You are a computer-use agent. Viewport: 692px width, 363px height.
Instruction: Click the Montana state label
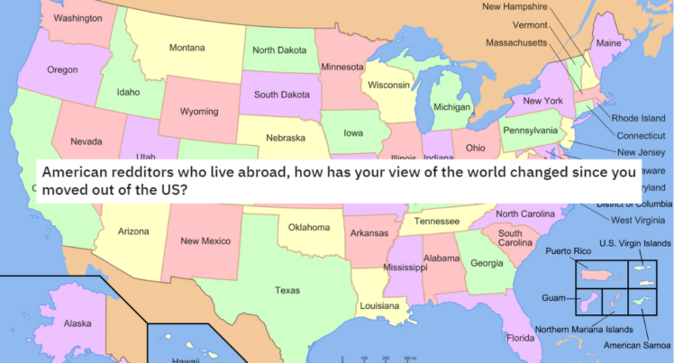click(x=187, y=48)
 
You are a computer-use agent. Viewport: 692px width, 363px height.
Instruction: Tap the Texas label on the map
click(x=287, y=290)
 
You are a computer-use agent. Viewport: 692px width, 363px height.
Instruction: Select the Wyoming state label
click(x=199, y=112)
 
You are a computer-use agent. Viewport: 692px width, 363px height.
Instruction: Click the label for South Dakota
click(x=282, y=94)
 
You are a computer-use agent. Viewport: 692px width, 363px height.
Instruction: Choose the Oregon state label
click(x=62, y=69)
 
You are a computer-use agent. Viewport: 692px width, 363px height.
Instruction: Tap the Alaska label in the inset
click(x=78, y=323)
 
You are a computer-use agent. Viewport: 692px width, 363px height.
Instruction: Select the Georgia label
click(x=487, y=263)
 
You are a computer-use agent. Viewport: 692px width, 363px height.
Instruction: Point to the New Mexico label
click(x=205, y=240)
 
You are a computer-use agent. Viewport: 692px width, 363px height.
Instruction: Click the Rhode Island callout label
click(x=638, y=118)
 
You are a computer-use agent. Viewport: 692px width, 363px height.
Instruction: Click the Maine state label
click(x=609, y=44)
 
